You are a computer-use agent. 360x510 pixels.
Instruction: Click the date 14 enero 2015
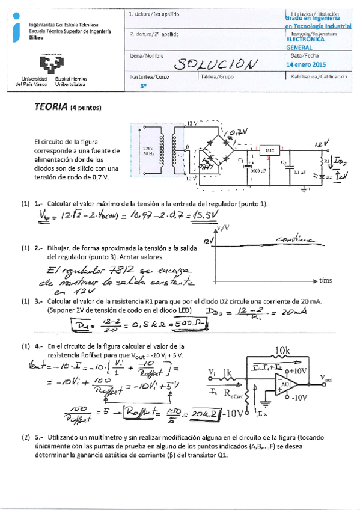coord(307,64)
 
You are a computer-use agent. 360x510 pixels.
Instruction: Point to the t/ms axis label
coord(326,280)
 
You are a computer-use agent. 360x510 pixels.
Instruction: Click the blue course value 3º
coord(142,86)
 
